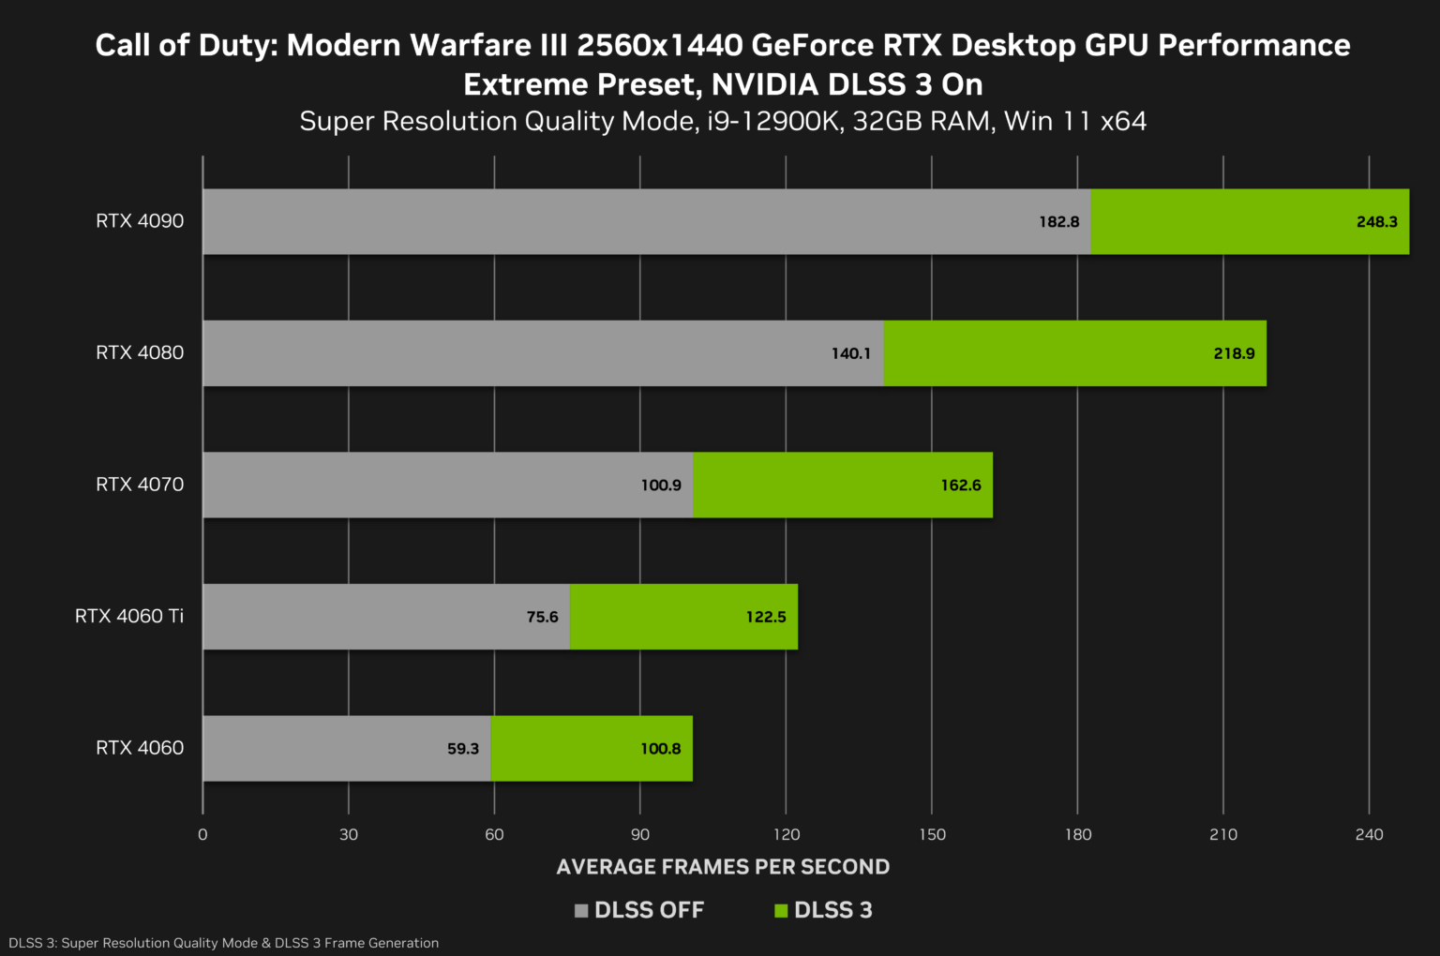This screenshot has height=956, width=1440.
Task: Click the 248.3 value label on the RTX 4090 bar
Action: [1376, 222]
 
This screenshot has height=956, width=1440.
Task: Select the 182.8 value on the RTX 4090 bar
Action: [1058, 222]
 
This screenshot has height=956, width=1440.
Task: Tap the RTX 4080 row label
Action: [140, 353]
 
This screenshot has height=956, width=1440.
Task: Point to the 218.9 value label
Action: [1234, 353]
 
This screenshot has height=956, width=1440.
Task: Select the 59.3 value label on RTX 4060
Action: [463, 749]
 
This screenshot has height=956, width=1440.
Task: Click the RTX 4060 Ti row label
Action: [129, 617]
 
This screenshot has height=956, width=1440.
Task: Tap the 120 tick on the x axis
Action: [786, 835]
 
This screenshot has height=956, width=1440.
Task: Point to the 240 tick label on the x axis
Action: [1369, 835]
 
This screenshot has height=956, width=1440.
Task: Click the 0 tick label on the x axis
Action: [202, 835]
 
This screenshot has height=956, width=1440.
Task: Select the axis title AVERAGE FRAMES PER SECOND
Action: [723, 867]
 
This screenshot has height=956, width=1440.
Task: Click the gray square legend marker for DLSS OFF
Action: [581, 911]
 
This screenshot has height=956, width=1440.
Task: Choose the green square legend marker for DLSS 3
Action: [781, 911]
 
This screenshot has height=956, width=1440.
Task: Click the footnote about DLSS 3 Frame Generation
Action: [224, 943]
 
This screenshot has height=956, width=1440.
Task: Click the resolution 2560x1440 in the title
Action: [660, 45]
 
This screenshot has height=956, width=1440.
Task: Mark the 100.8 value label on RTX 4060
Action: [661, 749]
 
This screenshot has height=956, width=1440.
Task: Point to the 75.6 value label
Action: [542, 617]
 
